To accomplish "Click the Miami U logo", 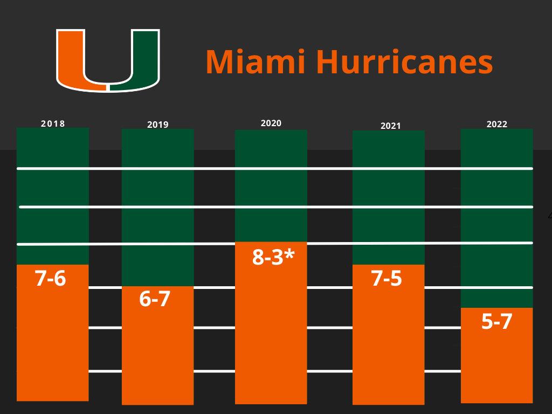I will (108, 60).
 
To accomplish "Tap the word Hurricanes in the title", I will (404, 61).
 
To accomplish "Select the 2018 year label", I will (53, 123).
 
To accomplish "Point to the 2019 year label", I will (158, 125).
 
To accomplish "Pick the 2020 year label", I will (271, 123).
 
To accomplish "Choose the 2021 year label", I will (391, 126).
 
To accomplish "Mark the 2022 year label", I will (497, 124).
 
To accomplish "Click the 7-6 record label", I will (50, 279).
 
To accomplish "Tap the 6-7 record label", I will (155, 299).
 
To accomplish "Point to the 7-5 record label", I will (387, 279).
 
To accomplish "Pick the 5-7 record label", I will (496, 322).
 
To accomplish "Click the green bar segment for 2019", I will (158, 189).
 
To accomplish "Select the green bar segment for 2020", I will (271, 189).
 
